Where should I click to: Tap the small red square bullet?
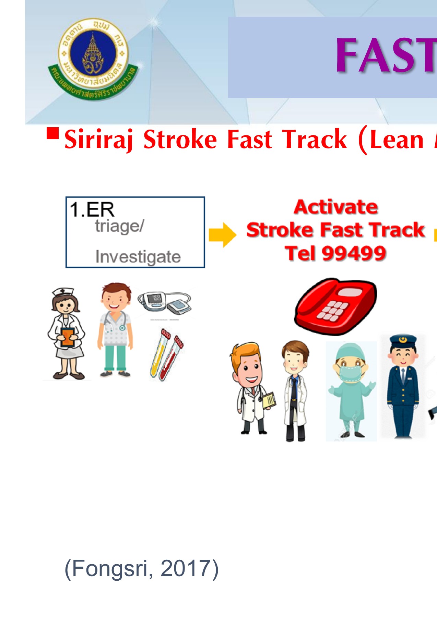(52, 133)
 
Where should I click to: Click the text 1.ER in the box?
(92, 209)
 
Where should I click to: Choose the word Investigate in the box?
(138, 257)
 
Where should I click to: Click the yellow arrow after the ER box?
(222, 235)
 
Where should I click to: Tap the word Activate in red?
(336, 207)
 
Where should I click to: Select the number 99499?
(354, 254)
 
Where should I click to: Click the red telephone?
(335, 306)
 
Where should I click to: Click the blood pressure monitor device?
(165, 302)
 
